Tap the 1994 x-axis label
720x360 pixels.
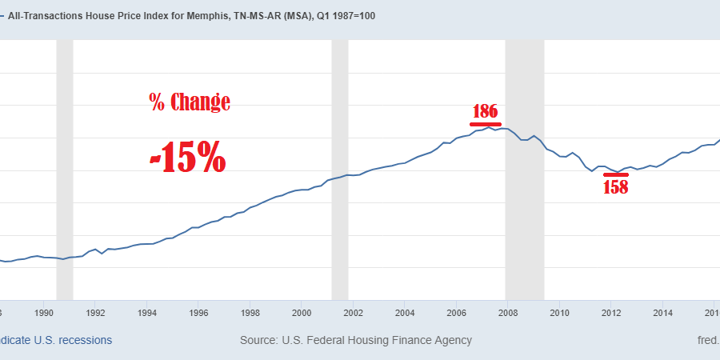(x=146, y=312)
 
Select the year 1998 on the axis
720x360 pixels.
(x=250, y=312)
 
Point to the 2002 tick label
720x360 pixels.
(x=353, y=312)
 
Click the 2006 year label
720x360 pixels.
(x=456, y=312)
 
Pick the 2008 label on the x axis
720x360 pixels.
(x=508, y=312)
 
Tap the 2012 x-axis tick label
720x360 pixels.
(x=611, y=312)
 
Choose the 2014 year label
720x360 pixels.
(x=662, y=312)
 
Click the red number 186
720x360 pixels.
(x=486, y=111)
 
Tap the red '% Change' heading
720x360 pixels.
(x=190, y=102)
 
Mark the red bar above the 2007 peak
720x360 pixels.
(x=486, y=124)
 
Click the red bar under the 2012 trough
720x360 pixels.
(x=616, y=174)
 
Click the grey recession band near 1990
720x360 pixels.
(x=65, y=168)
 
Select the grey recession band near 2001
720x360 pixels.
(x=340, y=168)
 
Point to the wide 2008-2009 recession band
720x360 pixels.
(x=525, y=168)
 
